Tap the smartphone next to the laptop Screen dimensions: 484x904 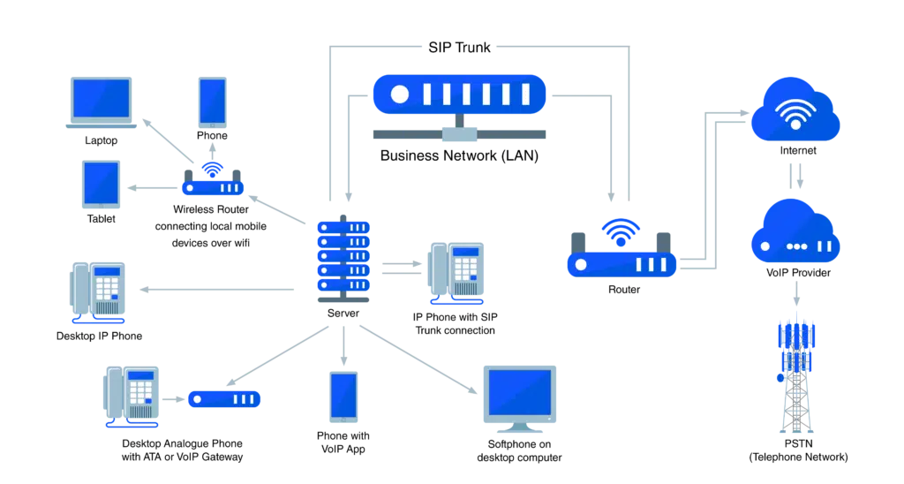coord(214,100)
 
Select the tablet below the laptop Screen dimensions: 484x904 coord(102,183)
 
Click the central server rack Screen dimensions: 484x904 coord(343,257)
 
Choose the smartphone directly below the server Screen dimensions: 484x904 coord(343,395)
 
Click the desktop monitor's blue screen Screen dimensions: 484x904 coord(519,389)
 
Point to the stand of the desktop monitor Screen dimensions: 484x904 coord(519,428)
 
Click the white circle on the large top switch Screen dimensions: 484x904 coord(400,94)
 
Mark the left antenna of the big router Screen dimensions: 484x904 coord(577,239)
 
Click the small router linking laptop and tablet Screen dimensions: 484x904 coord(211,184)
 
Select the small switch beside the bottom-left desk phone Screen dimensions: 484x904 coord(222,399)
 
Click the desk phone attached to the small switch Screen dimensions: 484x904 coord(133,394)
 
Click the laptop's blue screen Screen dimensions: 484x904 coord(101,97)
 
